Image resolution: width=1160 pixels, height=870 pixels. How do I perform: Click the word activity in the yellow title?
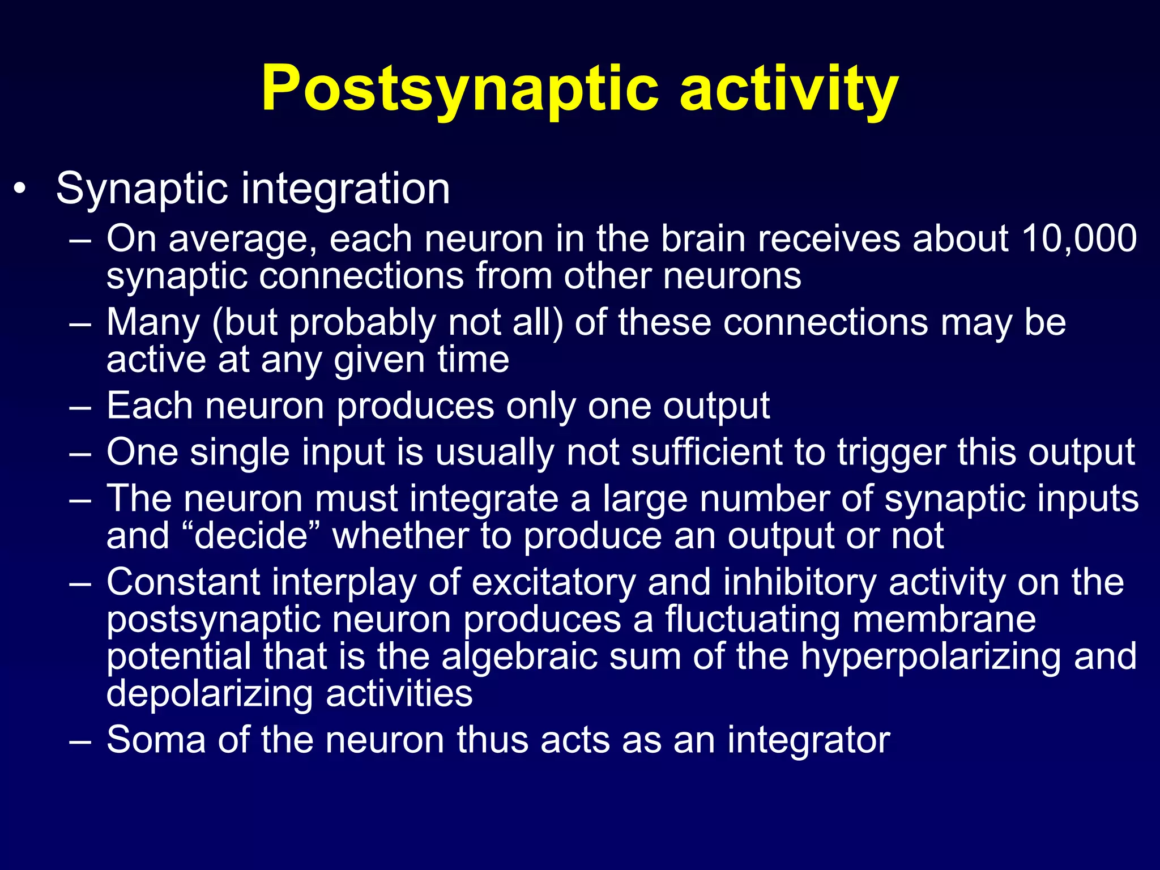788,91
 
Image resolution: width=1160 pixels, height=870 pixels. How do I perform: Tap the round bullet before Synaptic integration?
20,190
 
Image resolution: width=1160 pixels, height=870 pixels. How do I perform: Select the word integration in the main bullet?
346,190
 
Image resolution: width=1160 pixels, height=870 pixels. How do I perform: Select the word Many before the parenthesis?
153,323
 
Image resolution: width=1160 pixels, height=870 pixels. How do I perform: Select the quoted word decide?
250,535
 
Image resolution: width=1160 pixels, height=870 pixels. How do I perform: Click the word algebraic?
519,657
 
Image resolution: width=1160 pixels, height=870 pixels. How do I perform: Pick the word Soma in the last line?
156,740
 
